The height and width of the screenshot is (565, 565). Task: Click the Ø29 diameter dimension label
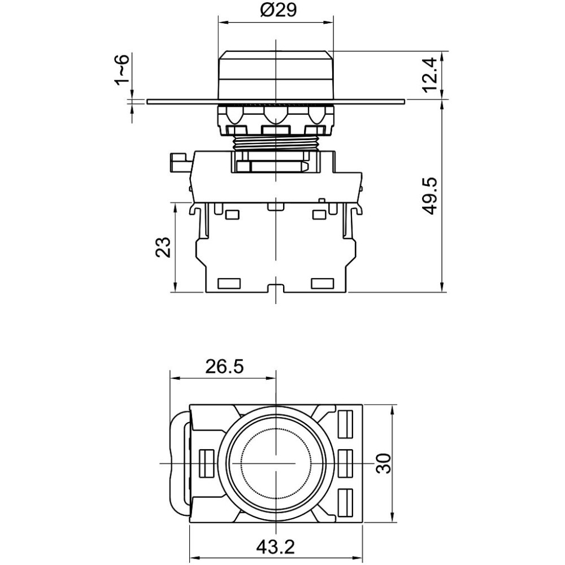[x=278, y=10]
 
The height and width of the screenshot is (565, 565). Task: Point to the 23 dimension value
[x=163, y=247]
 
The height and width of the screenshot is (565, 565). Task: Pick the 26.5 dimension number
[x=224, y=367]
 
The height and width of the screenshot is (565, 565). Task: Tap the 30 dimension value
[x=383, y=463]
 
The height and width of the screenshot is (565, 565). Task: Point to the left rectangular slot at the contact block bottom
[x=229, y=284]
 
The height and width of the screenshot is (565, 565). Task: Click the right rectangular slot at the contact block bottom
[x=323, y=284]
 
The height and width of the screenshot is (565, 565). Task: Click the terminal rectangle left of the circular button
[x=206, y=463]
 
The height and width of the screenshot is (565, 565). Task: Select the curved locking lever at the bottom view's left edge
[x=179, y=463]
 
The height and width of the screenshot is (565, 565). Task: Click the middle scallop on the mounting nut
[x=276, y=115]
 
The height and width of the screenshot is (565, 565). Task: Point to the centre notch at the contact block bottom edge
[x=276, y=288]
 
